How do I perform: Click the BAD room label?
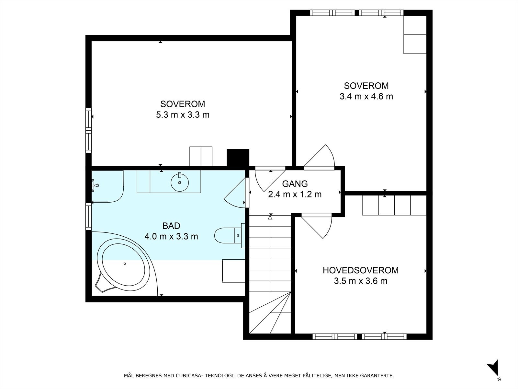click(x=171, y=226)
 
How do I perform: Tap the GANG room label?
click(x=295, y=183)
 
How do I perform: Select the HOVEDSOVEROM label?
click(x=361, y=270)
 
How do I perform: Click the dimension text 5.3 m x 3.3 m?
click(x=183, y=115)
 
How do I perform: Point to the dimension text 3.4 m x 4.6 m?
click(x=366, y=96)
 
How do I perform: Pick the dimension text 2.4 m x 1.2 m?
click(x=295, y=194)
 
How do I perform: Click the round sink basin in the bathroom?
click(x=180, y=182)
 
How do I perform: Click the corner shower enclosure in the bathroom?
click(x=107, y=186)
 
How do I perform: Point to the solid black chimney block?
click(x=238, y=158)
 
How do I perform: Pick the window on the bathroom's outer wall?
click(x=88, y=216)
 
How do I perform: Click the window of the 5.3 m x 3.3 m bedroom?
click(x=88, y=130)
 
